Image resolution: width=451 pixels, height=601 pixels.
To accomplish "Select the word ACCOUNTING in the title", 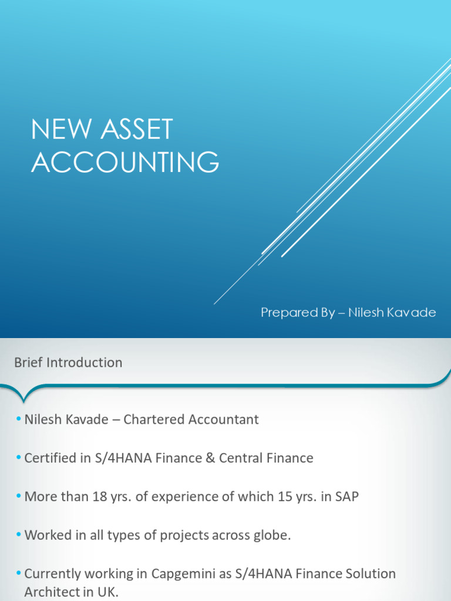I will coord(125,162).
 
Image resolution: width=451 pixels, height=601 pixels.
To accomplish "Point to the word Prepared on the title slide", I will coord(286,313).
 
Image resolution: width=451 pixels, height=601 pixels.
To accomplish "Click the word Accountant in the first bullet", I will coord(221,420).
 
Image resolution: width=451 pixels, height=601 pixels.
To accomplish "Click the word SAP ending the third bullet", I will coord(346,497).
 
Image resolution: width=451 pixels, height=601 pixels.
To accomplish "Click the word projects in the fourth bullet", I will coord(178,536).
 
